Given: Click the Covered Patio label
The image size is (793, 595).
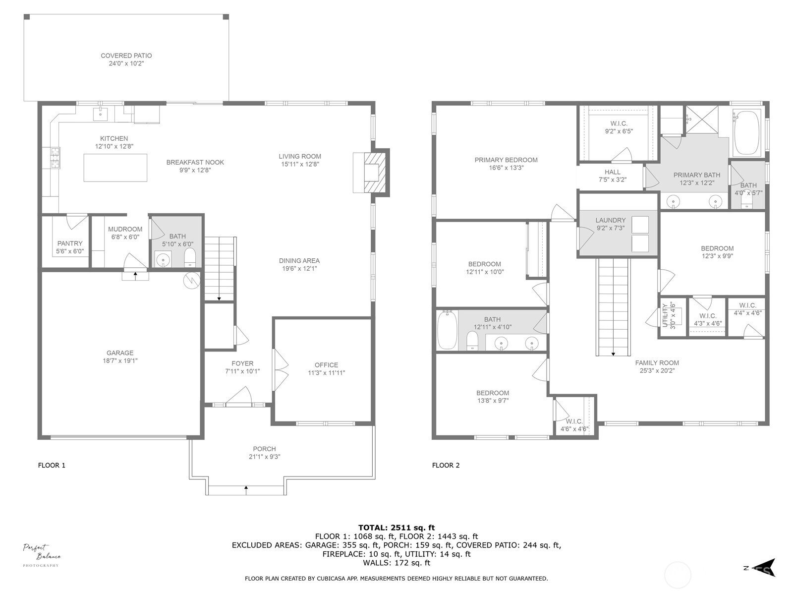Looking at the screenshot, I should (126, 56).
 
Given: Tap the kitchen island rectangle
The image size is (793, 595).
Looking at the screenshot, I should (115, 168).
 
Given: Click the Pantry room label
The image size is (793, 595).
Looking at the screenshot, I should (70, 243).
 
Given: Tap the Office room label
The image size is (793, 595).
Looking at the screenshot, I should (326, 365).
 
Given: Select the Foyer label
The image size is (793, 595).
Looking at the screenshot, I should (242, 363).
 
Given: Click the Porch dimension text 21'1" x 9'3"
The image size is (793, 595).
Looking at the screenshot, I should (264, 457).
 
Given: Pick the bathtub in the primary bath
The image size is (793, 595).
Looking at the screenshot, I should (746, 133).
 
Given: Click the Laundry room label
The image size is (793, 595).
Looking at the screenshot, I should (610, 220).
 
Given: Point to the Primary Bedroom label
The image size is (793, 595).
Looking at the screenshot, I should (506, 160).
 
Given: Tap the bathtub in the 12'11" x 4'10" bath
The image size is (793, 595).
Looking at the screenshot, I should (447, 330).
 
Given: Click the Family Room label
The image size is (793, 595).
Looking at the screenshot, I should (657, 362).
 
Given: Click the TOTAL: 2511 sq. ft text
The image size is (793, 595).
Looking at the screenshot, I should (396, 528).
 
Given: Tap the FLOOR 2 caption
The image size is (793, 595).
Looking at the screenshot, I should (446, 465).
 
